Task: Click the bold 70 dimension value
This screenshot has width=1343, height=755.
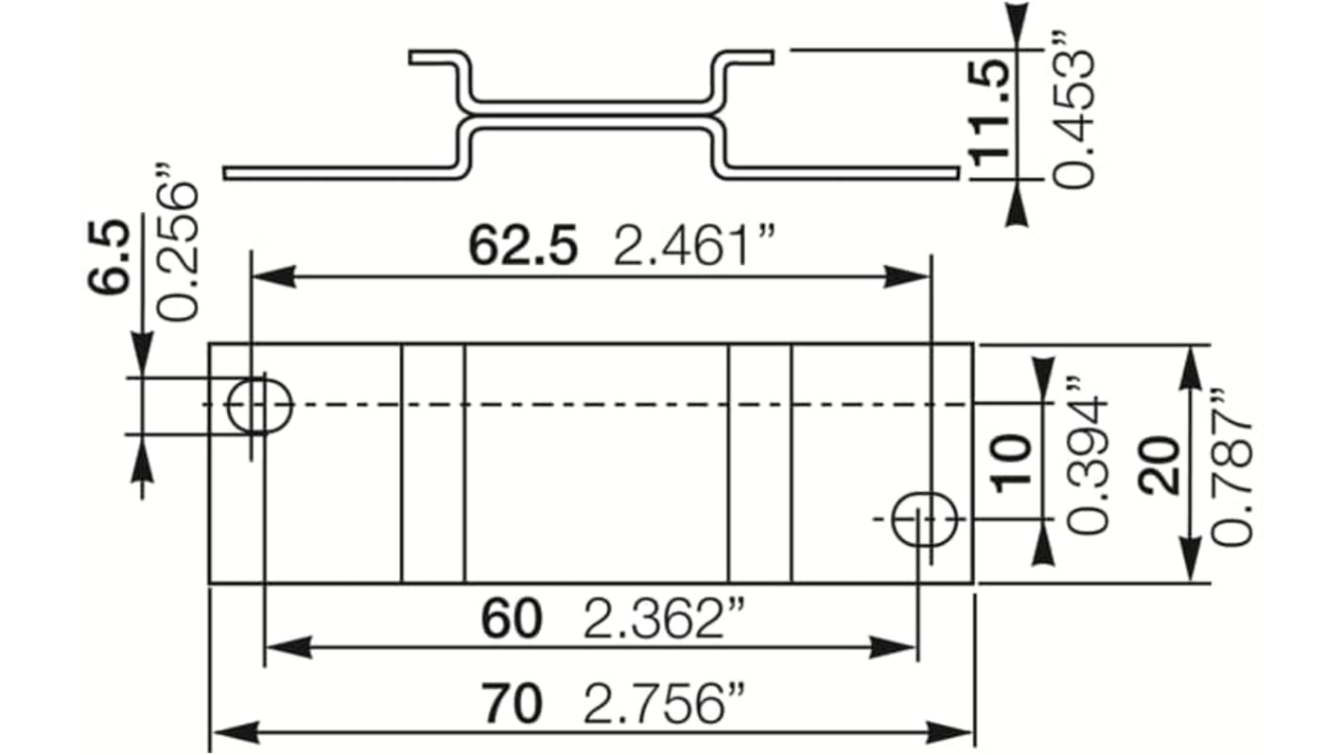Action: [x=512, y=705]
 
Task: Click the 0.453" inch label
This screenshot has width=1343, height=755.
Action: [x=1074, y=114]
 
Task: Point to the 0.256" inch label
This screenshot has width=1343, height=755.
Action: [x=177, y=251]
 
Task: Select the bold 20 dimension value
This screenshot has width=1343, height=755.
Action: [x=1160, y=465]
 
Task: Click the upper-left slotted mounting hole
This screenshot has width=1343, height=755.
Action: [x=261, y=405]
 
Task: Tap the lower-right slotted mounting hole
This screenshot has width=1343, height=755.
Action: [x=925, y=518]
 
